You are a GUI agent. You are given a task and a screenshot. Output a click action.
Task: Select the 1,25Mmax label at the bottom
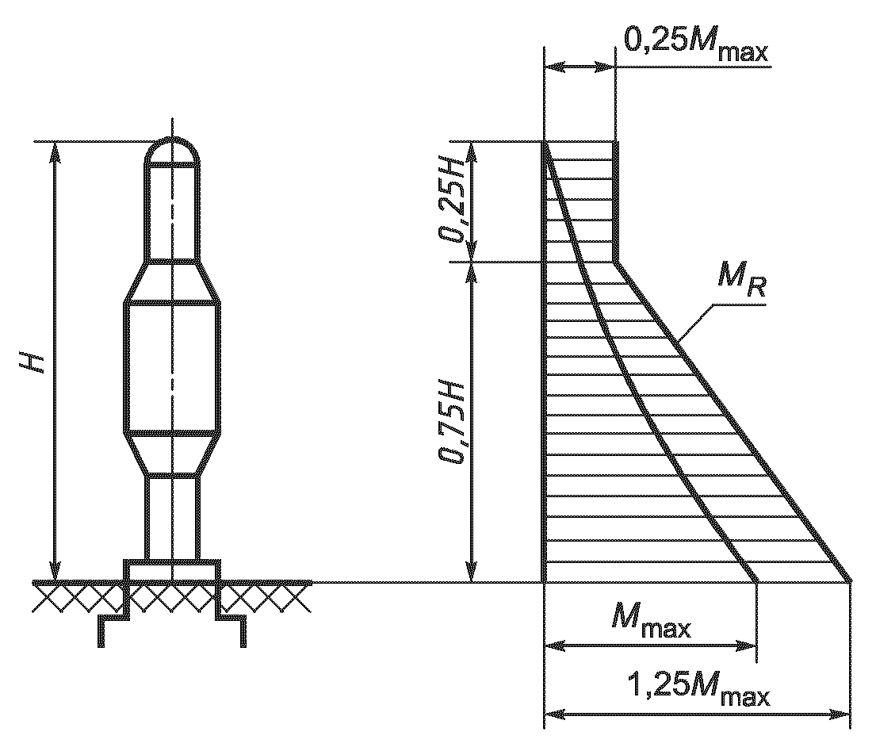pos(698,688)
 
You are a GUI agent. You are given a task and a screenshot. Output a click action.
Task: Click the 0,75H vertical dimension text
pos(452,423)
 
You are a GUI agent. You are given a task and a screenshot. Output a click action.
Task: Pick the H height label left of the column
pos(33,362)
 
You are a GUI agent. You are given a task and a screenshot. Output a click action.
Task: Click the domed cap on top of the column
pos(172,152)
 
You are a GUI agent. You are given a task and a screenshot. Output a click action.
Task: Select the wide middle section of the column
pos(171,367)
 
